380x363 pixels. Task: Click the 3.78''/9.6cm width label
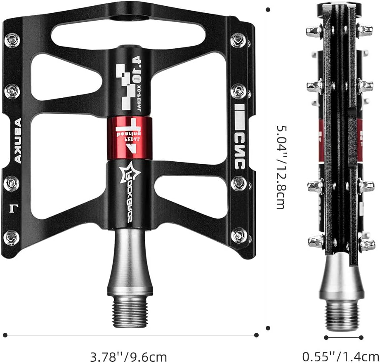click(x=128, y=356)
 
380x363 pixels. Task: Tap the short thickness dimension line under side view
click(x=343, y=337)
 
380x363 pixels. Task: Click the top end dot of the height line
click(x=268, y=9)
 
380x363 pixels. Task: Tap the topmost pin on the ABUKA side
click(x=11, y=40)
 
